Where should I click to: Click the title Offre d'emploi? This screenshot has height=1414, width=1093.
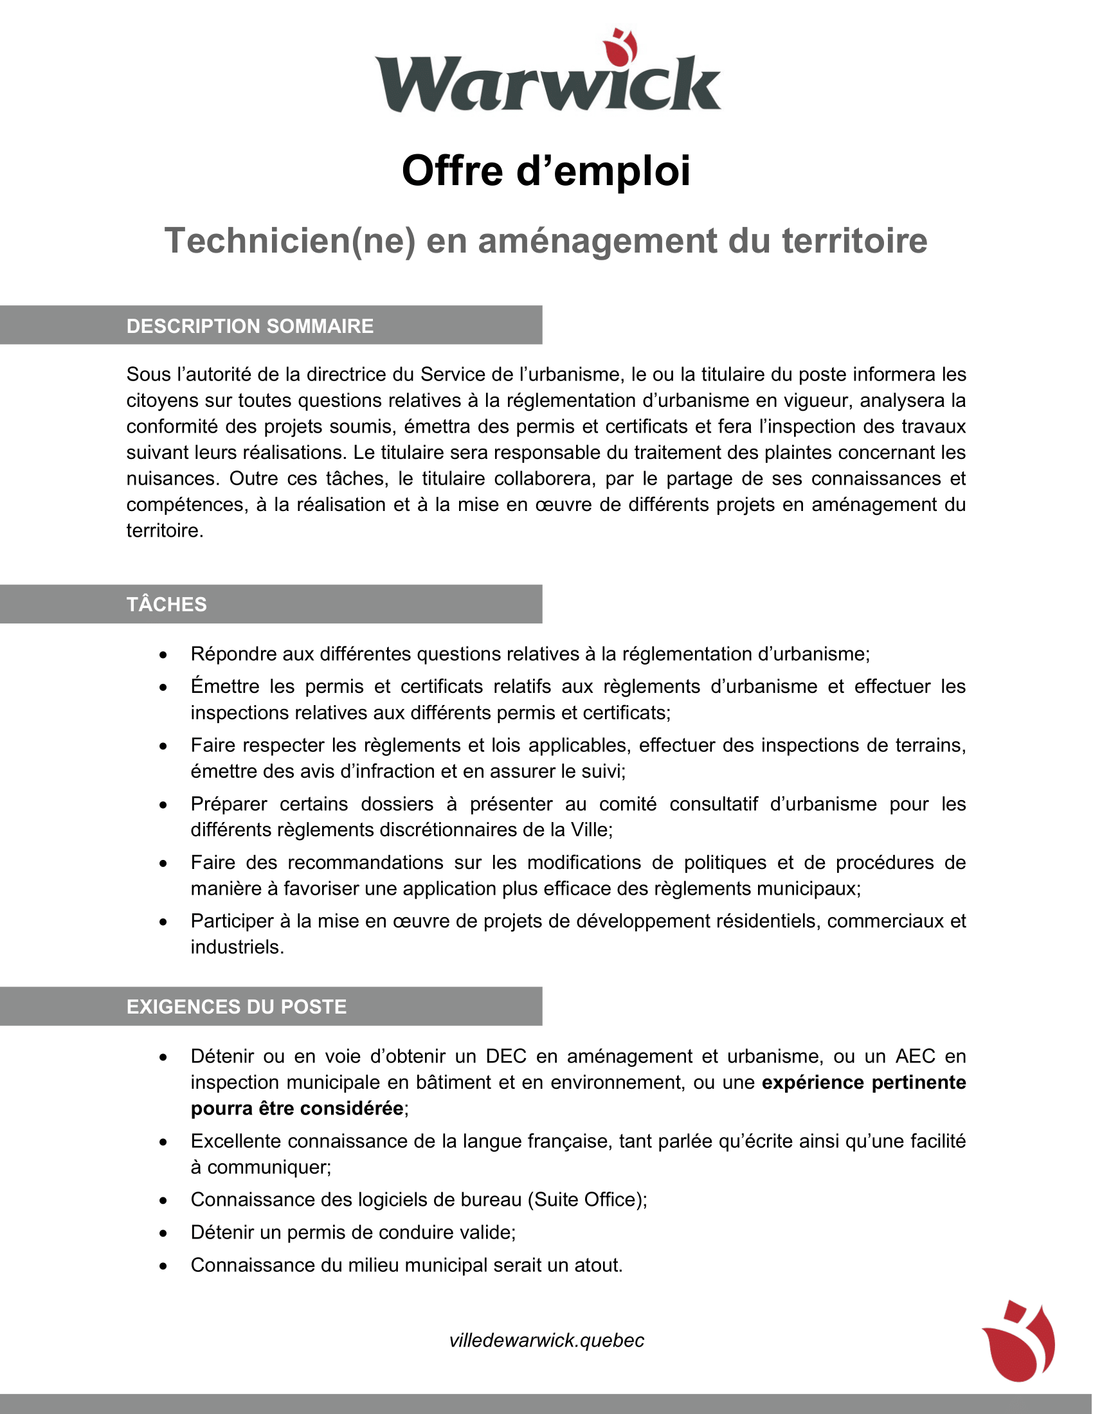pyautogui.click(x=546, y=171)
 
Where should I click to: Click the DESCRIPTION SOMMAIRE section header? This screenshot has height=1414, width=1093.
pyautogui.click(x=250, y=326)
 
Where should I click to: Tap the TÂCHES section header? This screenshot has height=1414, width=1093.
pyautogui.click(x=167, y=604)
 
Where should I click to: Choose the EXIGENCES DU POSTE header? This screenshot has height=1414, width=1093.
pyautogui.click(x=237, y=1007)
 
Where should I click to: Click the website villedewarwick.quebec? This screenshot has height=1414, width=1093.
pyautogui.click(x=546, y=1340)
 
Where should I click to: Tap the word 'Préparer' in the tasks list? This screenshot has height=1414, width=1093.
pyautogui.click(x=229, y=804)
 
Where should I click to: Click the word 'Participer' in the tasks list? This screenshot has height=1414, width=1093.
pyautogui.click(x=233, y=921)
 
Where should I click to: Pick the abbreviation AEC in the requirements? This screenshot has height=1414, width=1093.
pyautogui.click(x=915, y=1057)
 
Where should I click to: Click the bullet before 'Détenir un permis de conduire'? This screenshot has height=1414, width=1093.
pyautogui.click(x=163, y=1233)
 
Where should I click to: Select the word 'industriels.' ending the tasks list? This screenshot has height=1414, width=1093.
pyautogui.click(x=237, y=947)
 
